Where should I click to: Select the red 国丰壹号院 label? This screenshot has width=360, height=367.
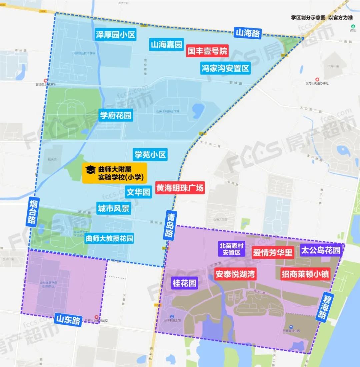207,51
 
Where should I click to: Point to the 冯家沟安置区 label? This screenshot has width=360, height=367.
225,69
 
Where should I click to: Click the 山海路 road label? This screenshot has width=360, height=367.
248,33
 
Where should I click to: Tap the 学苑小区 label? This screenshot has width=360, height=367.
150,155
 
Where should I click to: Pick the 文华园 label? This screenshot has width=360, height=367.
138,192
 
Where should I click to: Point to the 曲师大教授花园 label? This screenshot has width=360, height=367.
109,239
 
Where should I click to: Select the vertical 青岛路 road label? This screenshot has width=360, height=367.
169,224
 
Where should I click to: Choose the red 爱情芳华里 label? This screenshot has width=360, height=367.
273,252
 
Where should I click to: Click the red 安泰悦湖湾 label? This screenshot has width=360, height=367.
235,274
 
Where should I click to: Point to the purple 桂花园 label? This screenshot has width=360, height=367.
184,283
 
